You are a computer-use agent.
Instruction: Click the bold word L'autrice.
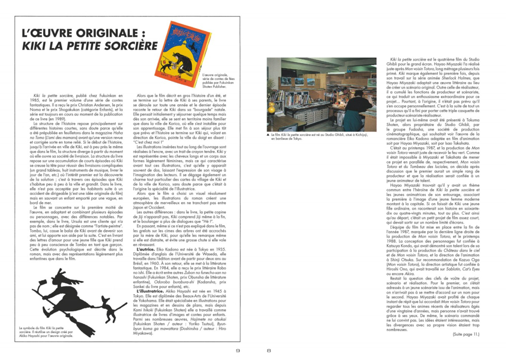pos(147,264)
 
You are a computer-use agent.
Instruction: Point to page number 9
pos(238,350)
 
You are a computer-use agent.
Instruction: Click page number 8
pos(269,350)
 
